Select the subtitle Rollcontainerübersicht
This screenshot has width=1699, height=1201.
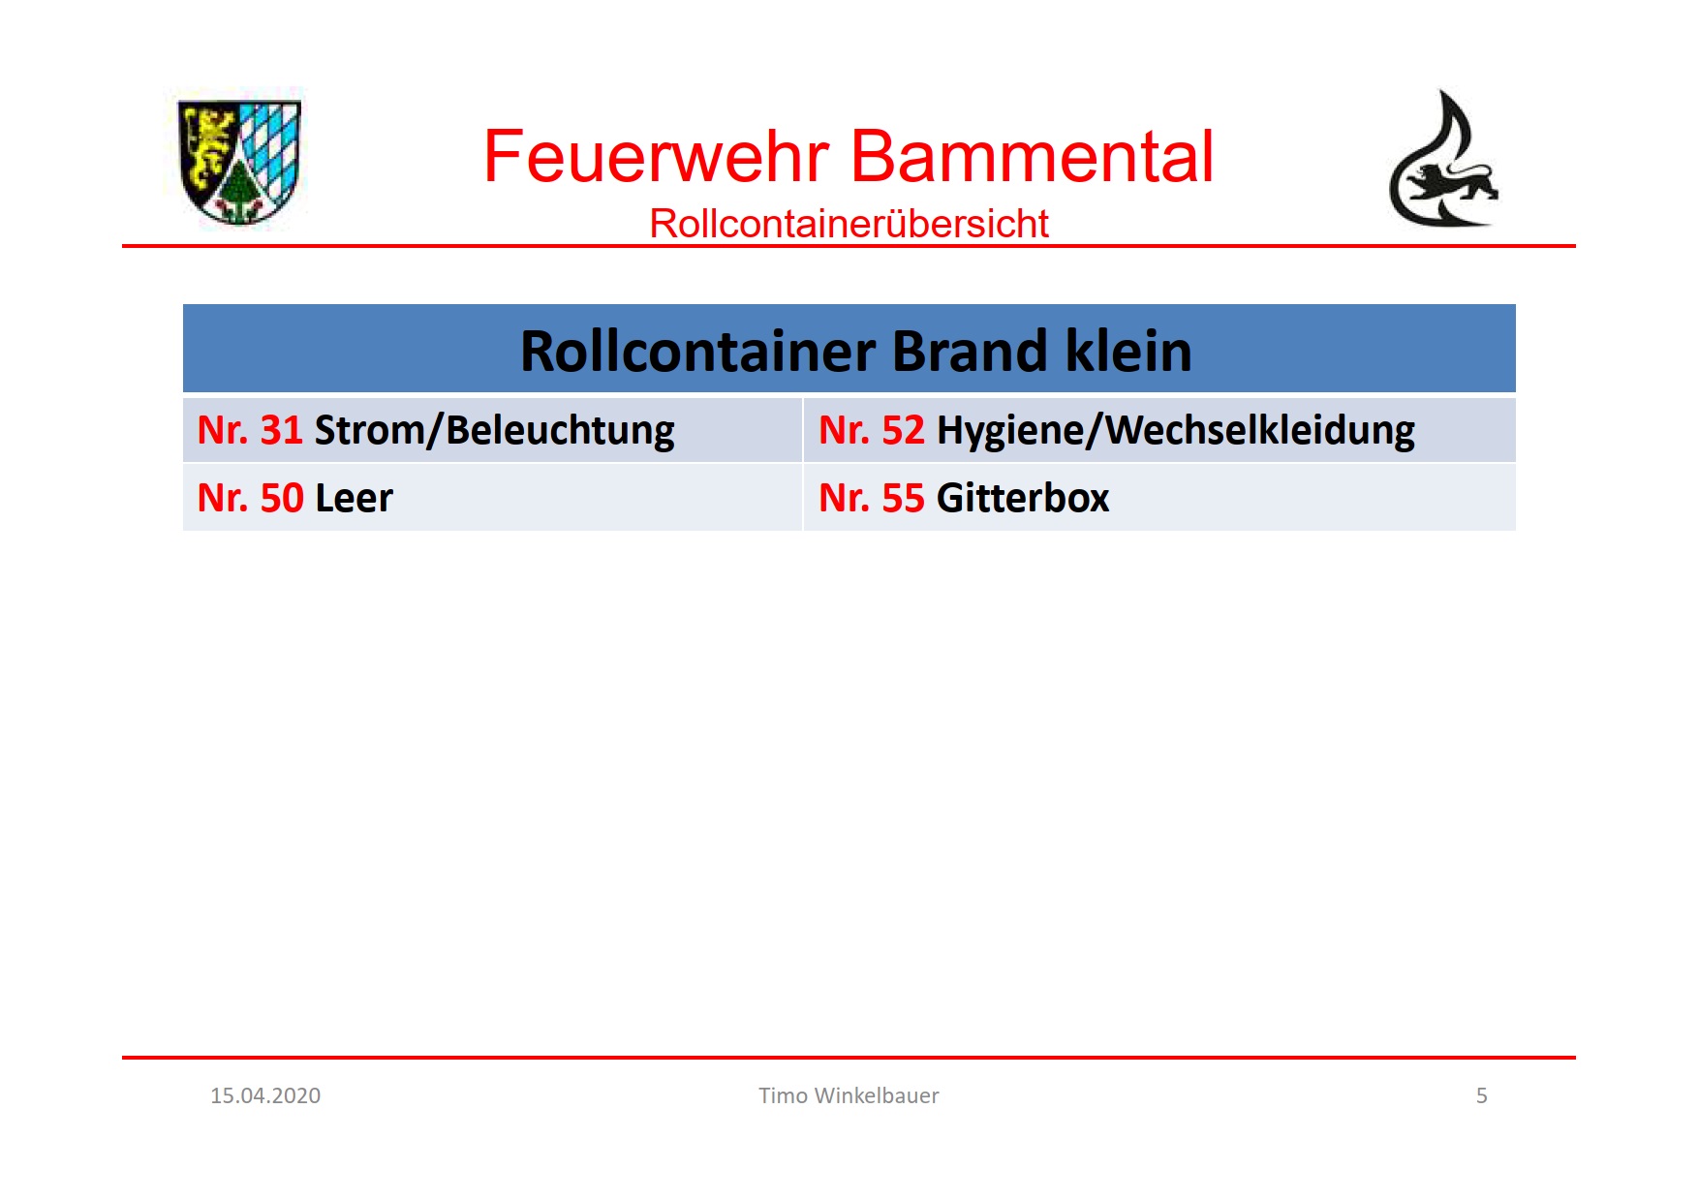pos(849,224)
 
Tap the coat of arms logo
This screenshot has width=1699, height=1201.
pos(240,162)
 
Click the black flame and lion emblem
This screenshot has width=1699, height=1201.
pos(1442,159)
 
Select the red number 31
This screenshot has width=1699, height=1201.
pos(282,430)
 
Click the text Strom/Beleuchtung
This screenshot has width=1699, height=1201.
pos(494,431)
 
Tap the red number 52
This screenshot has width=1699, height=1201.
pos(904,430)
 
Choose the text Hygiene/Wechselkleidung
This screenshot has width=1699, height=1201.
pos(1176,431)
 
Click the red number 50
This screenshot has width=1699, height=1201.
pos(282,498)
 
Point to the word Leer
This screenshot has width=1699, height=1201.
pos(354,498)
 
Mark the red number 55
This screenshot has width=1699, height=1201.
pos(904,498)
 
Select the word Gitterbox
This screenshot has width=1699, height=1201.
pos(1023,498)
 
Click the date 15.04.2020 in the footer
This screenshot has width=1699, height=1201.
pos(265,1095)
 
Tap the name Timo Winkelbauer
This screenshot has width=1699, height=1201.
pos(849,1095)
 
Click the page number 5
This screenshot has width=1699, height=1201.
pos(1481,1095)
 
